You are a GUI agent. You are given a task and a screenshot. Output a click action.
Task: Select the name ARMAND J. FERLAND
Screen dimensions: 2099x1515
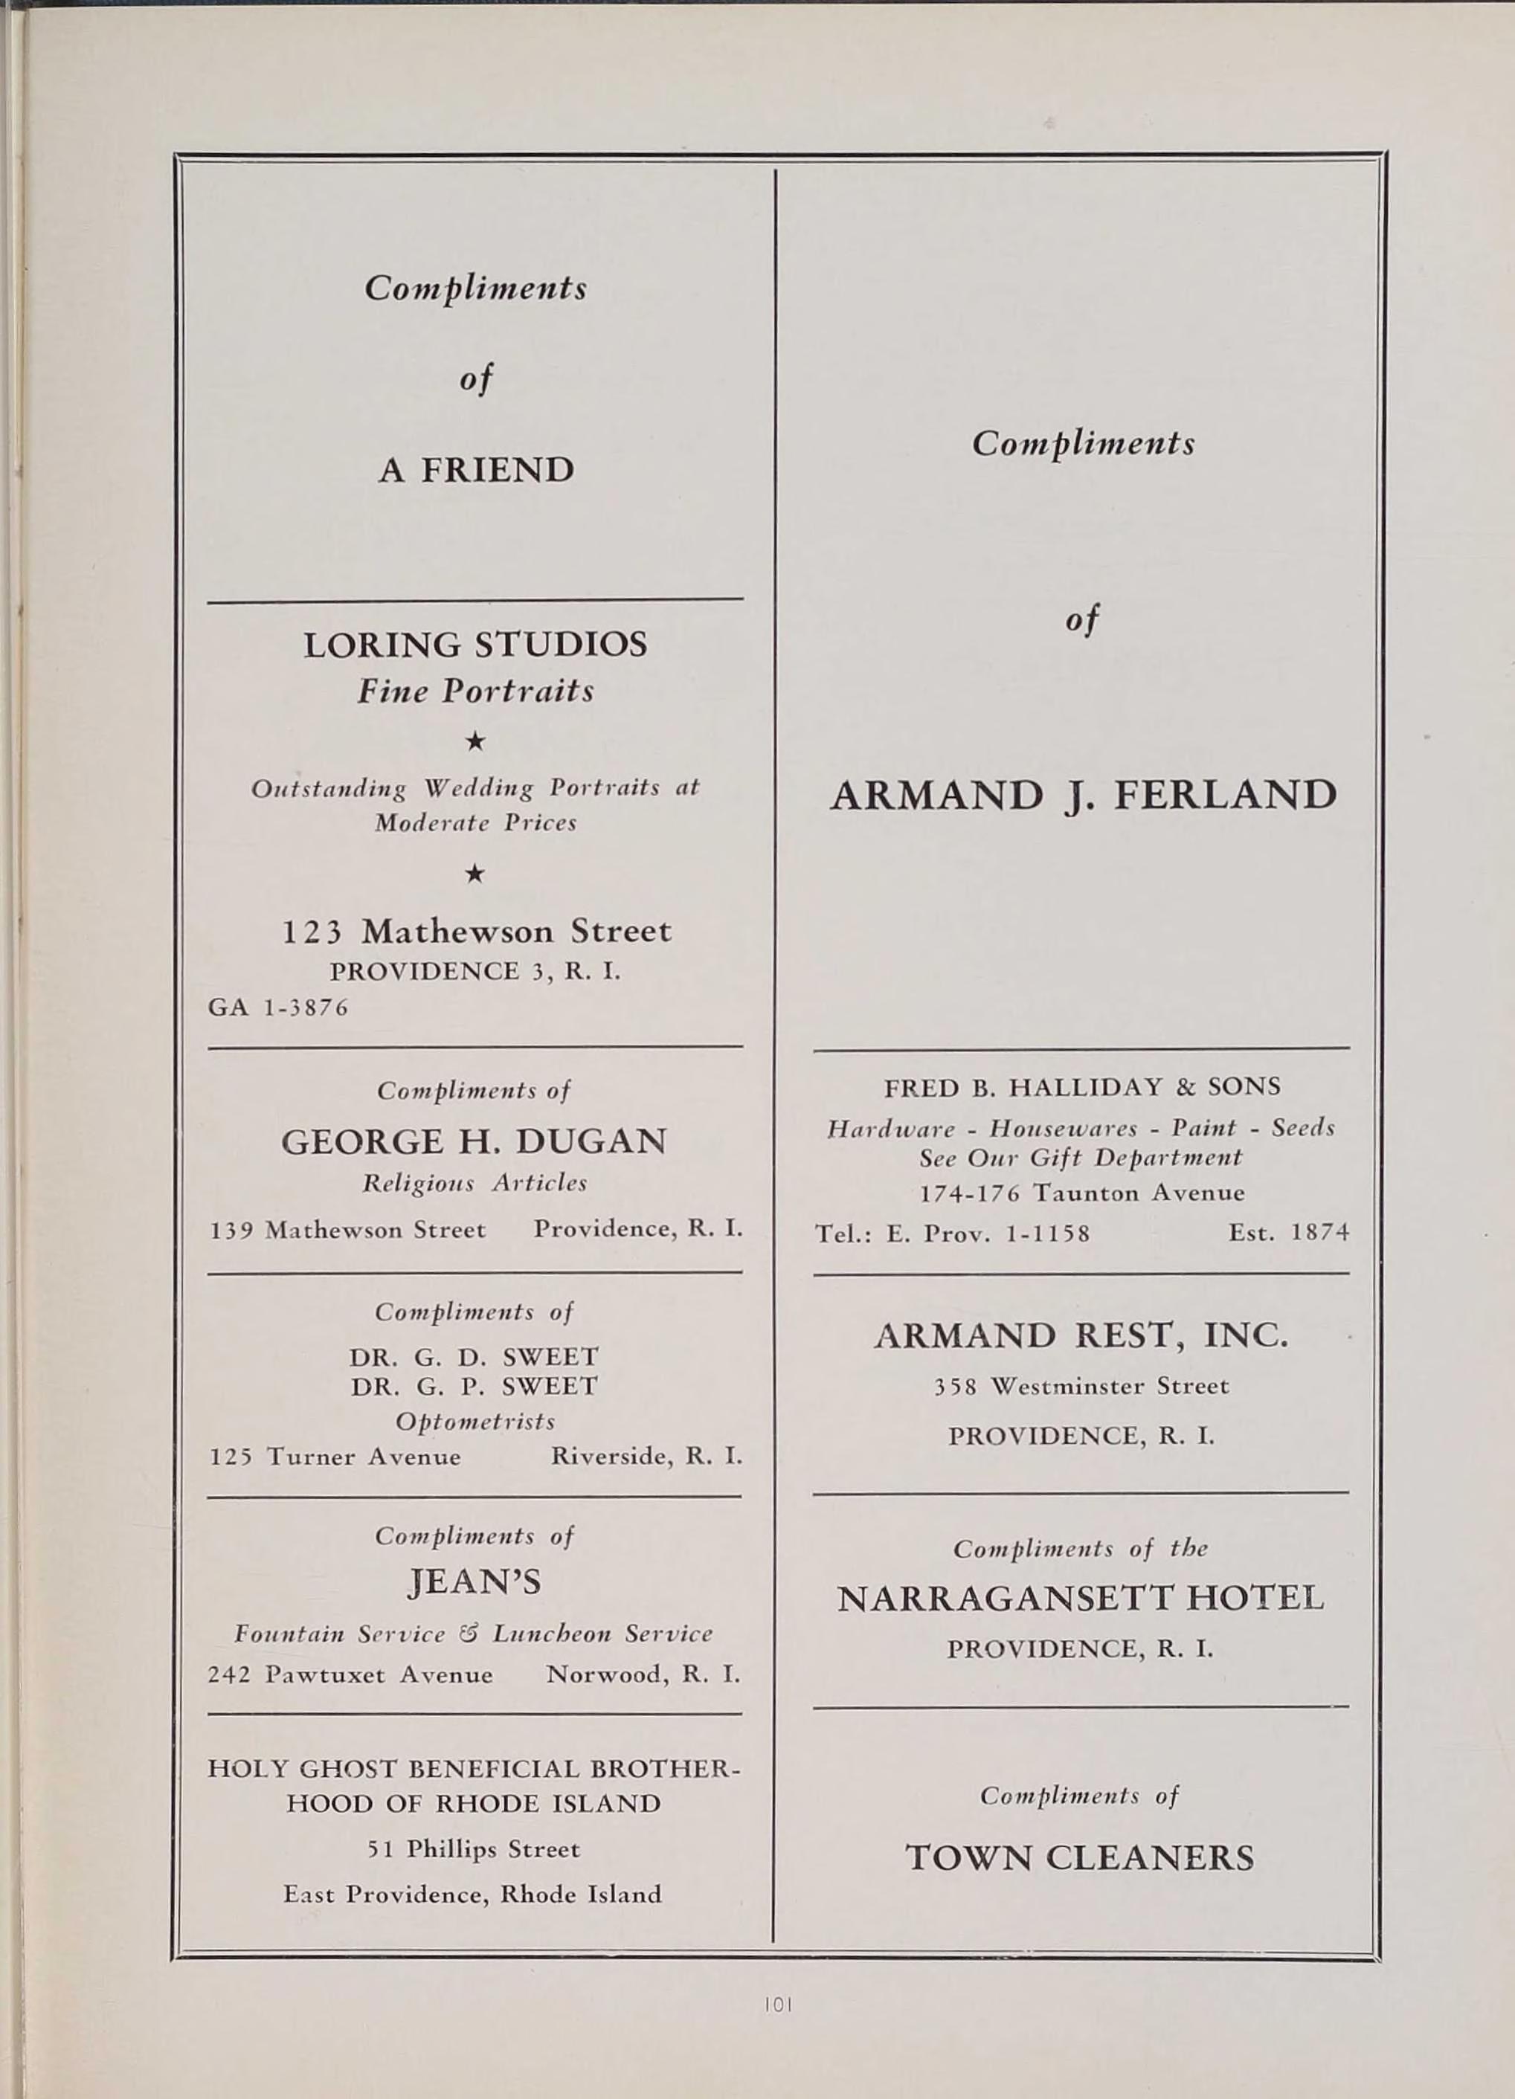(x=1083, y=795)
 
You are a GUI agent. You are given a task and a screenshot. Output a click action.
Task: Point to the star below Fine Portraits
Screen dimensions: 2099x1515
(x=475, y=741)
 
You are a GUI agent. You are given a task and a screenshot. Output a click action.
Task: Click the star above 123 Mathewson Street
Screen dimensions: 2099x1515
(x=474, y=874)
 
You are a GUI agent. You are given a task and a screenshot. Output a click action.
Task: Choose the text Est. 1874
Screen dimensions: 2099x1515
(x=1288, y=1233)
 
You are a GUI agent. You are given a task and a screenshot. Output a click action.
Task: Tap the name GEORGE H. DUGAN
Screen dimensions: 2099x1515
(x=474, y=1141)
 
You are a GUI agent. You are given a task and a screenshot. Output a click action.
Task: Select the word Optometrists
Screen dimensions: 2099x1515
(x=475, y=1421)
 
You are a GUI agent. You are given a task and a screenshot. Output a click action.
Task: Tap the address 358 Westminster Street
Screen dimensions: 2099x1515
(x=1081, y=1385)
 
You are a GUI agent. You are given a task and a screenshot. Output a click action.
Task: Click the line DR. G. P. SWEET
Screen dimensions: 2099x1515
(x=474, y=1385)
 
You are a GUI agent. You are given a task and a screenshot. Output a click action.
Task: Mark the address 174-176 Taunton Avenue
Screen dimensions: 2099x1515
(x=1081, y=1193)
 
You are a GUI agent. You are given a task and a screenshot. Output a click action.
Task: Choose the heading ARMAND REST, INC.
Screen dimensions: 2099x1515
(x=1080, y=1335)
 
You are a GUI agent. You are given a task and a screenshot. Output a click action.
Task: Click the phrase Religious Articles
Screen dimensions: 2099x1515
(x=474, y=1184)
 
